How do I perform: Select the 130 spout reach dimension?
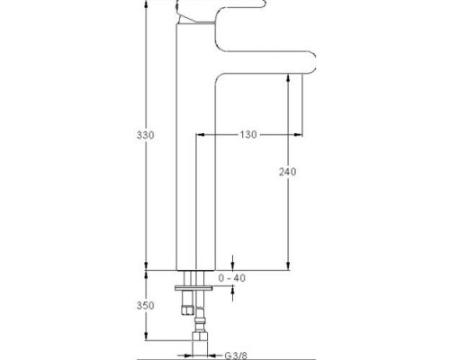tap(249, 135)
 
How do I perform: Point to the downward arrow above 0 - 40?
tap(234, 263)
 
